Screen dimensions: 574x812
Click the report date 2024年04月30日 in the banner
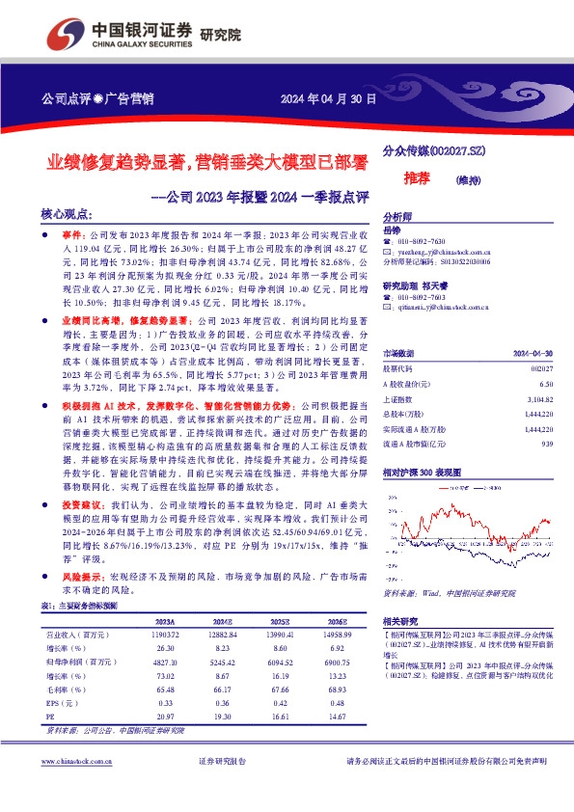327,99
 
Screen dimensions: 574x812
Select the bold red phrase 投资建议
84,504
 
